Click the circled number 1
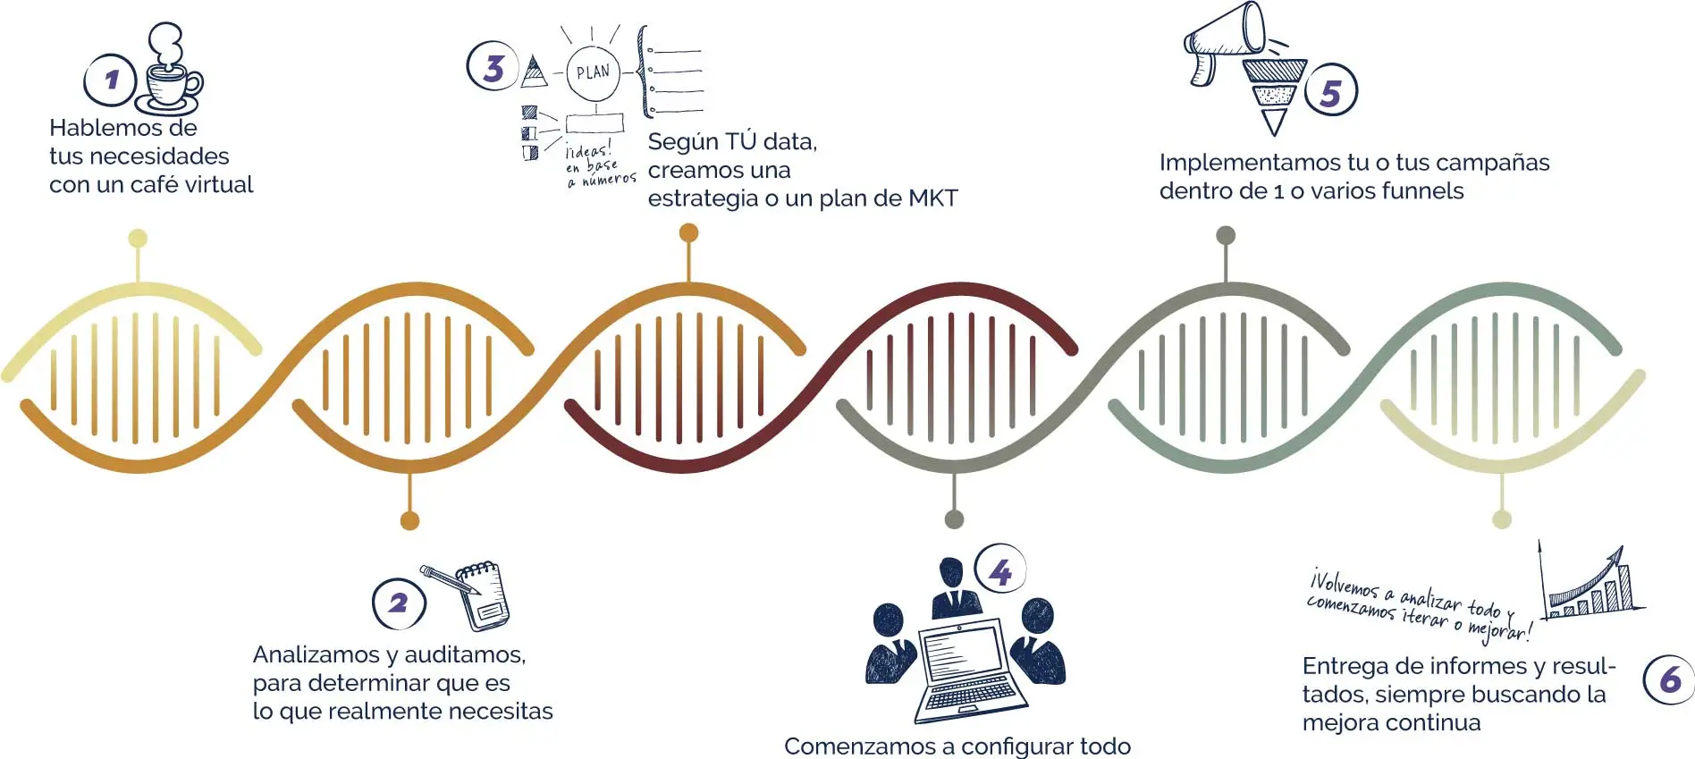pos(110,80)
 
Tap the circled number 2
pos(399,603)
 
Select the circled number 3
pos(493,67)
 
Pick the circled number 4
pos(1000,570)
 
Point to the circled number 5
pos(1330,91)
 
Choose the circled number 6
pos(1669,679)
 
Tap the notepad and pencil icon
pos(474,594)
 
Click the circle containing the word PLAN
pos(593,72)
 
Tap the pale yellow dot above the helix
pos(138,238)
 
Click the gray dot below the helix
pos(954,519)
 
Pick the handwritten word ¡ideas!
pos(588,150)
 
